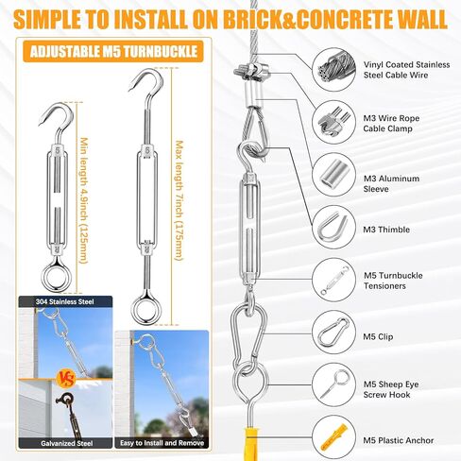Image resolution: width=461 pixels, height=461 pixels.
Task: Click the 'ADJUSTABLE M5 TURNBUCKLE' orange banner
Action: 113,51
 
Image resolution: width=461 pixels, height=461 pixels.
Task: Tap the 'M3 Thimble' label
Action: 386,230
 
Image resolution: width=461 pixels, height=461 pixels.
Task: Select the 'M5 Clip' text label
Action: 378,336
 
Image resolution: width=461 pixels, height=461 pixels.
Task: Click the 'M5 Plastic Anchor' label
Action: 399,440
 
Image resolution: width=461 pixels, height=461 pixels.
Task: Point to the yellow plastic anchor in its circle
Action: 334,437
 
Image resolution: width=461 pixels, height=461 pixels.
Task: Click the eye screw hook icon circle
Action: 334,384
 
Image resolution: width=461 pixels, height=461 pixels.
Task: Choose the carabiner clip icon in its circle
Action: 334,333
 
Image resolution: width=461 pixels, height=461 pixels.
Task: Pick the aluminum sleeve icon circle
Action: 334,175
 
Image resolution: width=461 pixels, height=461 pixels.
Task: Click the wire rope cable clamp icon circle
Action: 334,122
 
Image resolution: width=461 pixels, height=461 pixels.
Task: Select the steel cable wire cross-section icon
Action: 334,69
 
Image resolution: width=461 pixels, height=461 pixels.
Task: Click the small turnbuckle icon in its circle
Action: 334,280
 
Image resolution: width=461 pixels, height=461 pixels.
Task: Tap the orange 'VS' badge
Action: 66,379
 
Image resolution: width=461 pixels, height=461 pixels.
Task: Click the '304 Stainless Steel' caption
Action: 65,301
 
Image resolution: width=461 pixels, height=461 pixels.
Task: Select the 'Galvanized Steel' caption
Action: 67,443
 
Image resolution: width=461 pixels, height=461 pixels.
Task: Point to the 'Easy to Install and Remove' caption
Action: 162,443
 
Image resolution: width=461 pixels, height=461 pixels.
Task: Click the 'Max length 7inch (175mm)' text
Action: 179,200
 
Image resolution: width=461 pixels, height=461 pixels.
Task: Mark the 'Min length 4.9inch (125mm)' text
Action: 84,200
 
